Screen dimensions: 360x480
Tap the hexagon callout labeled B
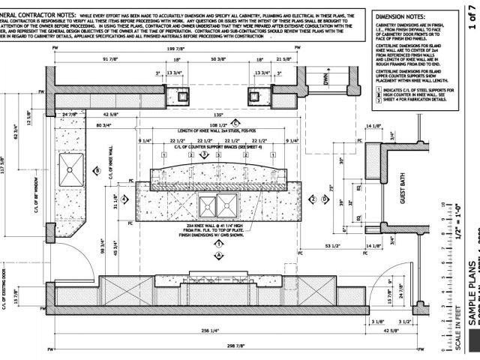[x=97, y=171]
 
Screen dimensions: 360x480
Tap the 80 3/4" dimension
[x=105, y=124]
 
